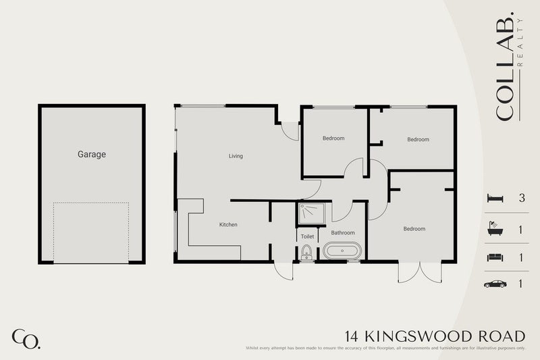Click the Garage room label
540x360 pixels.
(x=91, y=155)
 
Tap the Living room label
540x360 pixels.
(x=236, y=156)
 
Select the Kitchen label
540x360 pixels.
(x=228, y=224)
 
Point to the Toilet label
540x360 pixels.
(x=307, y=237)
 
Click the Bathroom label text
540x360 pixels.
(x=343, y=233)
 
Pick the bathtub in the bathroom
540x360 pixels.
(x=344, y=252)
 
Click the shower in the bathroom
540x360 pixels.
(x=313, y=213)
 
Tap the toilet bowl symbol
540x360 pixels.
(x=307, y=253)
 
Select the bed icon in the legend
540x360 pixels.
(x=494, y=199)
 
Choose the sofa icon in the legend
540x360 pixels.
(x=494, y=257)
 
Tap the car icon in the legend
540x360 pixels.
(x=494, y=284)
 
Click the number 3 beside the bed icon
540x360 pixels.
(x=521, y=199)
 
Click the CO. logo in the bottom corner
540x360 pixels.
(x=26, y=338)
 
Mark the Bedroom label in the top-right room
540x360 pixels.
(x=418, y=140)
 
